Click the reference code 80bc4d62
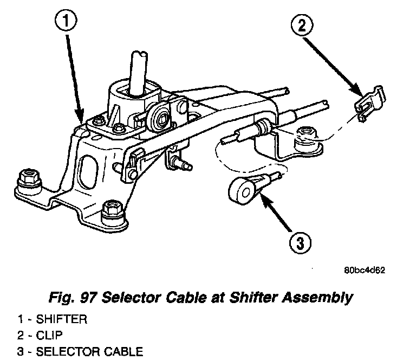tap(363, 271)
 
